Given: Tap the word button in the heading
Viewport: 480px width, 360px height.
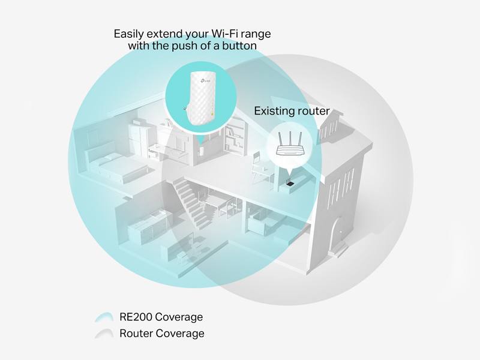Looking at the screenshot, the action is click(239, 46).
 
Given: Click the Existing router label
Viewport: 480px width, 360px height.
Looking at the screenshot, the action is click(292, 111).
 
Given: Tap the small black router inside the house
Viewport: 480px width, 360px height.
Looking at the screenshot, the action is click(289, 182).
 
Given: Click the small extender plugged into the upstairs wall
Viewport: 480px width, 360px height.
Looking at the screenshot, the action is click(201, 151).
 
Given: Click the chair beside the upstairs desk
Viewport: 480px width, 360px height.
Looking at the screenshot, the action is click(258, 167).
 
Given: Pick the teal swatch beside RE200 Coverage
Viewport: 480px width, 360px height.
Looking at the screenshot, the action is click(104, 317).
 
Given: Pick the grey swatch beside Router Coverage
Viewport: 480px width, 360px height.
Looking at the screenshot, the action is click(104, 334).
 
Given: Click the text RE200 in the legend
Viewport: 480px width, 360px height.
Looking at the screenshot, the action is click(135, 317).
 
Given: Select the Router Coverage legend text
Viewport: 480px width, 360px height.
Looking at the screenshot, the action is click(162, 334).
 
